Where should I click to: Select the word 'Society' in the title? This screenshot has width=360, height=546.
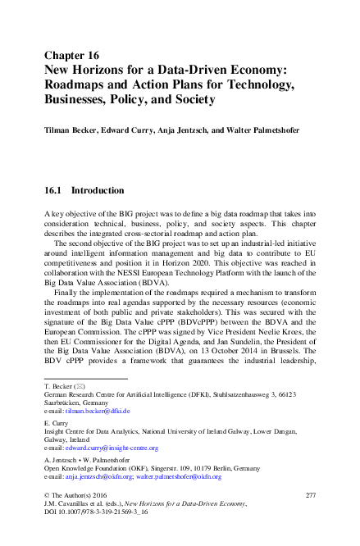pyautogui.click(x=190, y=100)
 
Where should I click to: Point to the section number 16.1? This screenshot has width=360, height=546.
pyautogui.click(x=54, y=190)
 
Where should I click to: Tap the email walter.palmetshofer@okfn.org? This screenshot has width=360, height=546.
pyautogui.click(x=181, y=499)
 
